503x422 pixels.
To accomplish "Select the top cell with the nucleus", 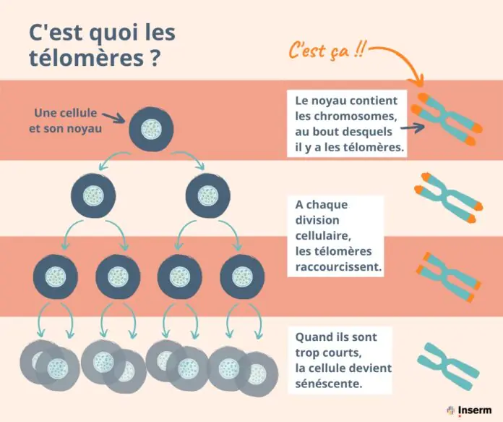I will pyautogui.click(x=152, y=130).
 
